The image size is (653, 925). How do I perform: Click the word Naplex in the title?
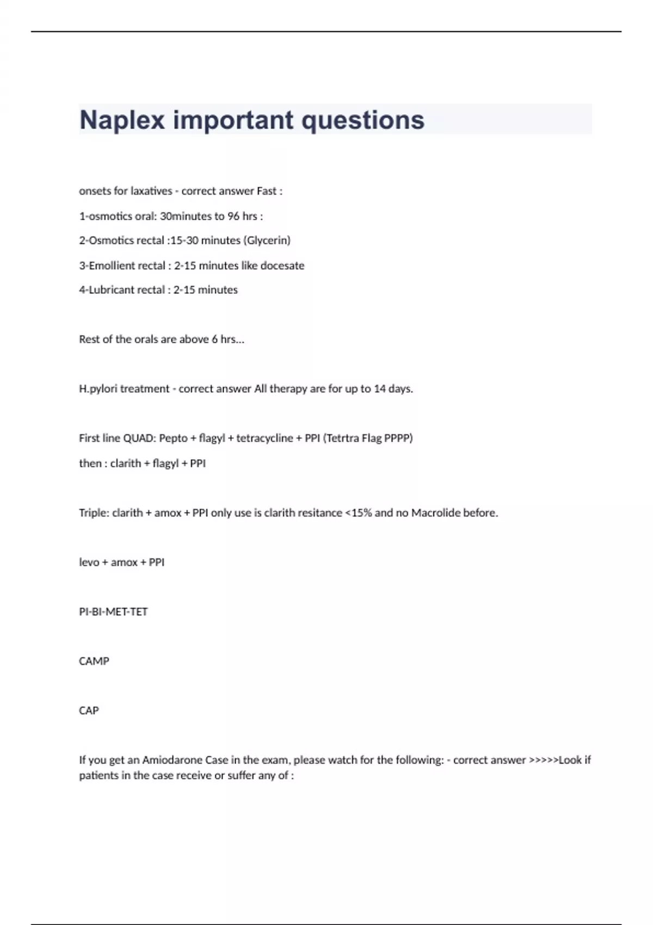coord(122,120)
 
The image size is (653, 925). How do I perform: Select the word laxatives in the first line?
coord(151,191)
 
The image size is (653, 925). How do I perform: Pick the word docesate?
coord(282,266)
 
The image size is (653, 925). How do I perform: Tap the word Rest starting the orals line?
coord(89,340)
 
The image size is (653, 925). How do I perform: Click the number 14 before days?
coord(380,389)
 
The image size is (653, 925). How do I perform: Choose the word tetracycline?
coord(264,439)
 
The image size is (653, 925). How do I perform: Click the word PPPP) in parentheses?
coord(398,439)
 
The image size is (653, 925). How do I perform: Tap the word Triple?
coord(94,513)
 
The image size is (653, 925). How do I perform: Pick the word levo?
coord(89,563)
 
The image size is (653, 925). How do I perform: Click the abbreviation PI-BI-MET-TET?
coord(113,612)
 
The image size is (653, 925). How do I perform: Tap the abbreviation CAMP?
coord(94,662)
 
